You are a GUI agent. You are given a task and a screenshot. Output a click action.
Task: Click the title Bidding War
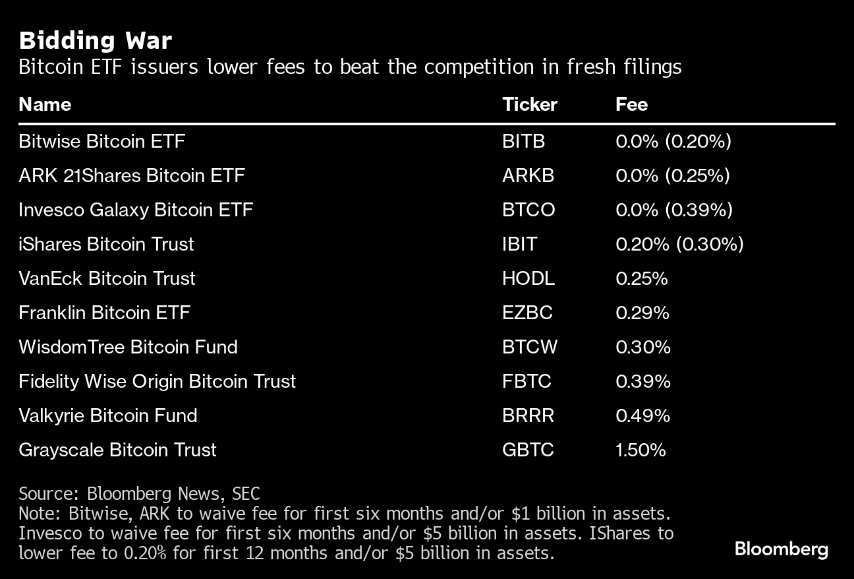pyautogui.click(x=96, y=41)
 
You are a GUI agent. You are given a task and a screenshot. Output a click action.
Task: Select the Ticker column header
pyautogui.click(x=529, y=105)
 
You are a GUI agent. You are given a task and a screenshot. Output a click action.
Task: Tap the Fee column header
pyautogui.click(x=631, y=105)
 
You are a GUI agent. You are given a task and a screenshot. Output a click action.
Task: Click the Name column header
pyautogui.click(x=45, y=105)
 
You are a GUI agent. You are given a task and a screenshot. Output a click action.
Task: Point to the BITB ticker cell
pyautogui.click(x=523, y=141)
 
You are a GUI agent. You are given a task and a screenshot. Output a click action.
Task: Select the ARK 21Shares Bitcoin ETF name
pyautogui.click(x=132, y=175)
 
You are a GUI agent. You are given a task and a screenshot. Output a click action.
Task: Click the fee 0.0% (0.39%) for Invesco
pyautogui.click(x=673, y=210)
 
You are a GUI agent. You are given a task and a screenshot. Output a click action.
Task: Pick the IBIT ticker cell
pyautogui.click(x=519, y=244)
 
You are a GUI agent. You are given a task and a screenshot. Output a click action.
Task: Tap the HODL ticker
pyautogui.click(x=528, y=278)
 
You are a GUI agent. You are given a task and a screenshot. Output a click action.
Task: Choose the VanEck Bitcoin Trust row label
pyautogui.click(x=107, y=278)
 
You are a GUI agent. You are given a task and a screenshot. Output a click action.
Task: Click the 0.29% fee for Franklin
pyautogui.click(x=642, y=313)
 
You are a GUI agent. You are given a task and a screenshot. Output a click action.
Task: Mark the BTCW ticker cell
pyautogui.click(x=529, y=347)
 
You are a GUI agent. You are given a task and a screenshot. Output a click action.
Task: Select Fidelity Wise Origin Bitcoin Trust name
pyautogui.click(x=157, y=381)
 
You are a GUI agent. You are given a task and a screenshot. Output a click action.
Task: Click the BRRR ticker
pyautogui.click(x=528, y=415)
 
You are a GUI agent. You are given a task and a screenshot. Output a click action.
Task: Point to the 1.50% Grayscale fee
pyautogui.click(x=640, y=450)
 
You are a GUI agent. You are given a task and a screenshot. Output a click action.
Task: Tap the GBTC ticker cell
pyautogui.click(x=528, y=450)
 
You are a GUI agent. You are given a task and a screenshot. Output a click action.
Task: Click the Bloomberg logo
pyautogui.click(x=781, y=549)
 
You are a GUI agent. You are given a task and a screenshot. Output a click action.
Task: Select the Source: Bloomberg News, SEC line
pyautogui.click(x=139, y=493)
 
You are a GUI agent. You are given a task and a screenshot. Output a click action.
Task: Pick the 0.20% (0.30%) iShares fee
pyautogui.click(x=679, y=244)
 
